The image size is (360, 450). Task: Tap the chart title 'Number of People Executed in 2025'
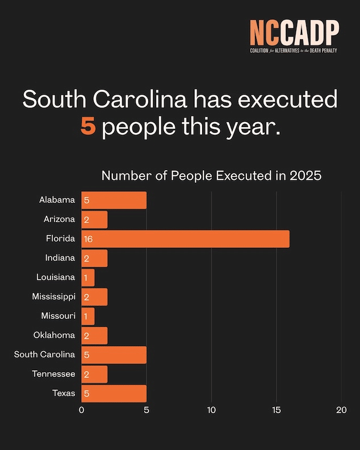coord(211,175)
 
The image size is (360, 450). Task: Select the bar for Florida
coord(185,239)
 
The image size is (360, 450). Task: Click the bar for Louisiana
coord(88,277)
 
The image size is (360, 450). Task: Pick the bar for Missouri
coord(88,316)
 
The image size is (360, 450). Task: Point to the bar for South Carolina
coord(114,355)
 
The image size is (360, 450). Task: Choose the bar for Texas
coord(114,393)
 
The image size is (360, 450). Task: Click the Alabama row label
coord(57,200)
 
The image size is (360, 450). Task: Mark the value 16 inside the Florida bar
coord(88,239)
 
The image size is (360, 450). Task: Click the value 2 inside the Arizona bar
coord(87,220)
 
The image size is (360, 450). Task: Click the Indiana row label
coord(60,258)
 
